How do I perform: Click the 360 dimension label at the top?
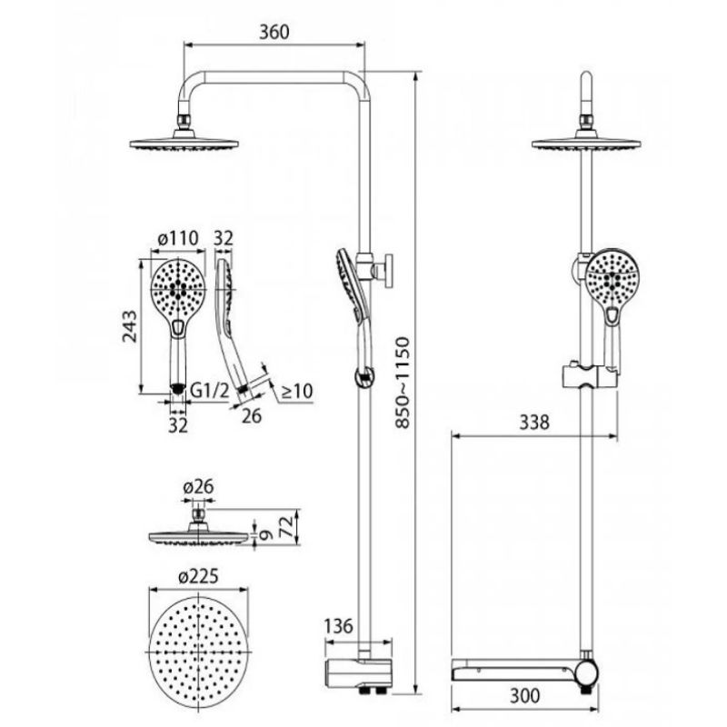(x=274, y=32)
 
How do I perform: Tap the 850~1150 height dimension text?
(x=403, y=383)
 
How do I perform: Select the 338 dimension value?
(x=534, y=423)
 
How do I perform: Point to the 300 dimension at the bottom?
(x=525, y=695)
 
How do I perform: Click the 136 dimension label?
(x=338, y=626)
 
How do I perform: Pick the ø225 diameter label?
(x=198, y=576)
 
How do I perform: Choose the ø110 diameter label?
(x=178, y=238)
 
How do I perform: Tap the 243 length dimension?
(x=130, y=326)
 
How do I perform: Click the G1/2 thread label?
(x=210, y=391)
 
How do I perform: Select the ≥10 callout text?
(x=297, y=391)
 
